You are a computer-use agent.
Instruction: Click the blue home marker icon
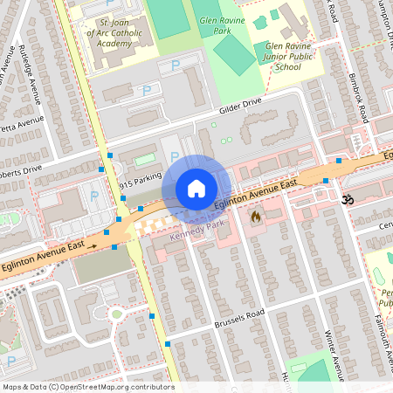(196, 189)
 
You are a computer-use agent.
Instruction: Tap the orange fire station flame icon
(256, 215)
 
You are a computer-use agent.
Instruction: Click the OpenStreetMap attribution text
(87, 387)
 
